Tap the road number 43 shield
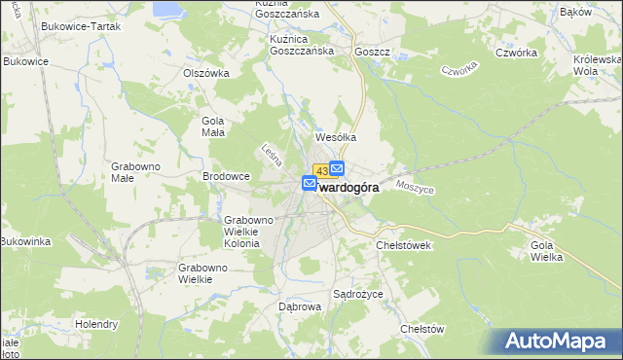click(x=321, y=171)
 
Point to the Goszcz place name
click(x=373, y=52)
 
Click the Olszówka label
click(x=205, y=72)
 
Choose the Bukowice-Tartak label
click(x=80, y=26)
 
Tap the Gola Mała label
click(x=212, y=126)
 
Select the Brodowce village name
click(x=227, y=176)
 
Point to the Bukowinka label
click(x=25, y=240)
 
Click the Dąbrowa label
click(x=300, y=306)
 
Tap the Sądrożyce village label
click(x=358, y=293)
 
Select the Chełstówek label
click(x=403, y=246)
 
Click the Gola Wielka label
click(x=547, y=252)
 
